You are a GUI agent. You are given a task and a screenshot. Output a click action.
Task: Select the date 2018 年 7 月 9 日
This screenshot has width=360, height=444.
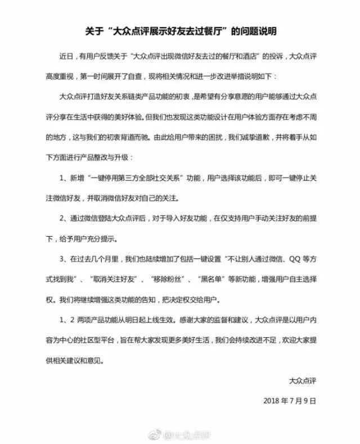tap(290, 401)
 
